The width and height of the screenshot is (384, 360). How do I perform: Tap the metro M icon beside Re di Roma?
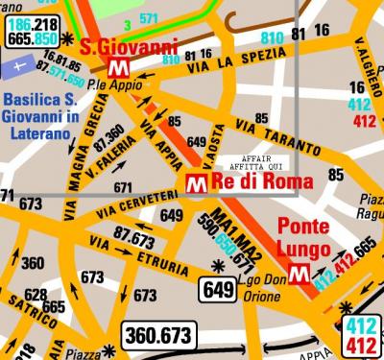(x=195, y=182)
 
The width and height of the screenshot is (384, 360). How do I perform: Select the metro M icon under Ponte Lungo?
(x=300, y=273)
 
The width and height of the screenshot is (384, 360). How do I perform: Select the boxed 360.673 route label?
(x=158, y=335)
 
